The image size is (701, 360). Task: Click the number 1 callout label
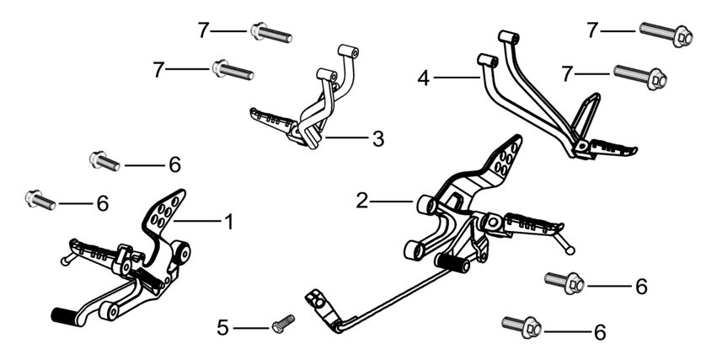(229, 222)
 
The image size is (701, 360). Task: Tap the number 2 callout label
(362, 201)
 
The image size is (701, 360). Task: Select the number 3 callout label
(378, 139)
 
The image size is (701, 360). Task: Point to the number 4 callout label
(423, 78)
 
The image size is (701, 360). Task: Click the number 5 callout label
(222, 328)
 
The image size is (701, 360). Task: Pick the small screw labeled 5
(283, 324)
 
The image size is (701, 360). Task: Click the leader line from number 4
(457, 78)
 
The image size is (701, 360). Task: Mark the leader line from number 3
(347, 137)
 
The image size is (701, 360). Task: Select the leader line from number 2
(391, 201)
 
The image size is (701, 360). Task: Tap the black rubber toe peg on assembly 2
(452, 262)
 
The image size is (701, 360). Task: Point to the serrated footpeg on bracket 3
(273, 120)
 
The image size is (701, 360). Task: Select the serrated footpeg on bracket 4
(613, 148)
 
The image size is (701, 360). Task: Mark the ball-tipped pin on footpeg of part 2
(564, 242)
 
